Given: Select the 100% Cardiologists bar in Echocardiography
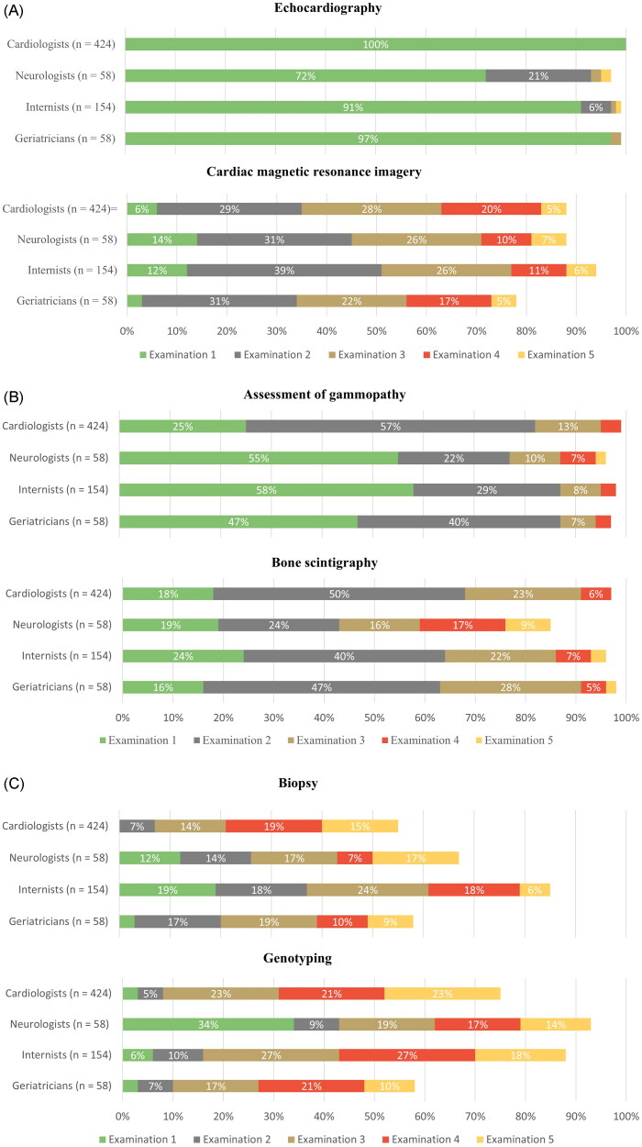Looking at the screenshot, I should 375,44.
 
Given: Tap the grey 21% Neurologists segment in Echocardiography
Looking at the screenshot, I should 538,75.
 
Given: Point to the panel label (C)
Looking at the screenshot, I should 16,732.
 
